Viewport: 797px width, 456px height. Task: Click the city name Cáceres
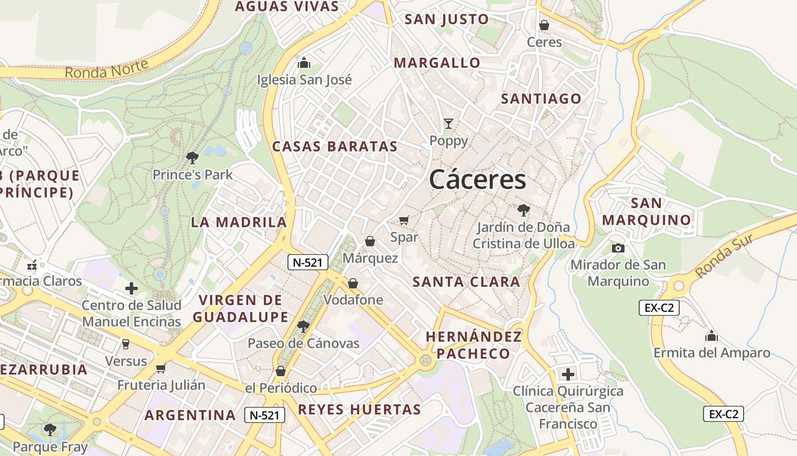coord(478,180)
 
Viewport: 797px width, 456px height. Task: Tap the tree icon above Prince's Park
coord(192,157)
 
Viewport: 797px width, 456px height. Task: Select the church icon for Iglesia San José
coord(305,62)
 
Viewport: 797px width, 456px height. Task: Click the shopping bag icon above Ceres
coord(544,25)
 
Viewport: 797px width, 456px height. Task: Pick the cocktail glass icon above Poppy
coord(449,124)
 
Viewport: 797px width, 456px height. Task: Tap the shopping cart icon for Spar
coord(404,220)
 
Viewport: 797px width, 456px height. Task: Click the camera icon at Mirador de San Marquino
coord(618,248)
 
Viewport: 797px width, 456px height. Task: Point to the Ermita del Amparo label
coord(712,353)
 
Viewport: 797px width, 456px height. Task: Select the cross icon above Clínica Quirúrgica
coord(568,374)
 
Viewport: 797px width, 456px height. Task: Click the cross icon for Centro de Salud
coord(132,288)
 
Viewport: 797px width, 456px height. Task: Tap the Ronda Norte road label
coord(106,69)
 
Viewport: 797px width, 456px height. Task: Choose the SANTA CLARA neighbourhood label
coord(466,282)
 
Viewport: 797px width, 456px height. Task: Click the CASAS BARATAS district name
coord(335,146)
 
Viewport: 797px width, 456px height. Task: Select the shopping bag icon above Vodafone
coord(353,283)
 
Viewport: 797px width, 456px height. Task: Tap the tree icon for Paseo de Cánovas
coord(303,326)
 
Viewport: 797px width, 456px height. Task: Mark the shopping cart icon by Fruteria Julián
coord(161,368)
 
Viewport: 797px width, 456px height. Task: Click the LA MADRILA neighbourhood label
coord(239,222)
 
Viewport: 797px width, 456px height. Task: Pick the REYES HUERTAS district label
coord(359,409)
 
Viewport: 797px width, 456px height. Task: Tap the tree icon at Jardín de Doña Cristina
coord(523,210)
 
